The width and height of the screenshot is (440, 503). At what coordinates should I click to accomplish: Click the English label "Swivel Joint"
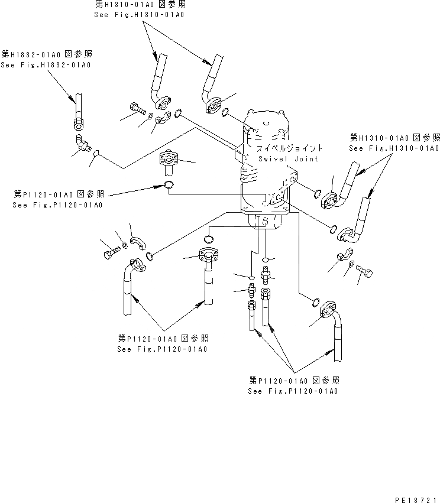(x=288, y=158)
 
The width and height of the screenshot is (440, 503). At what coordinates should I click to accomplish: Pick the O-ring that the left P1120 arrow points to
(x=169, y=187)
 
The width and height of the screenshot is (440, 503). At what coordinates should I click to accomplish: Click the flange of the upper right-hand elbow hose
(x=328, y=201)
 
